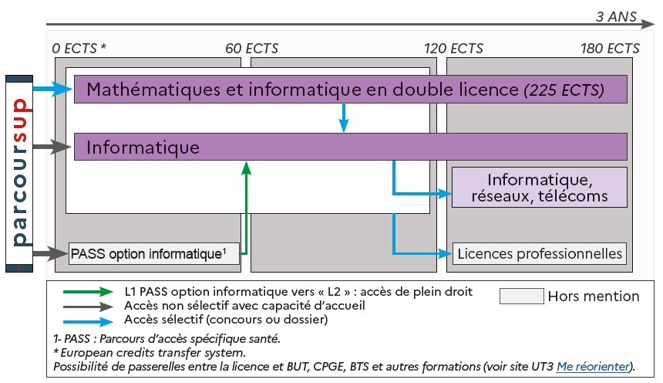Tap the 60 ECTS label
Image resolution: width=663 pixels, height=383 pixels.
click(251, 49)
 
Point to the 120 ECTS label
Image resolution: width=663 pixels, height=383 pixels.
click(453, 49)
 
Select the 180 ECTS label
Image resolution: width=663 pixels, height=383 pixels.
click(610, 49)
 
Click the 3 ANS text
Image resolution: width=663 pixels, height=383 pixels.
click(616, 16)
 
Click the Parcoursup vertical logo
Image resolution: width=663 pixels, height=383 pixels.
click(19, 174)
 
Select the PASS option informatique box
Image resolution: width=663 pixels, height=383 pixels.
click(154, 254)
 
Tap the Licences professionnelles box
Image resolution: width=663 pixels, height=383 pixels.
click(540, 254)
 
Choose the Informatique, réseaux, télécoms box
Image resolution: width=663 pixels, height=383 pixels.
click(540, 188)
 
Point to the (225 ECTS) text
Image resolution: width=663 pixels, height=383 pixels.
click(564, 90)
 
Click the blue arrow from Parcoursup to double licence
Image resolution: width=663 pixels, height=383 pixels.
click(52, 89)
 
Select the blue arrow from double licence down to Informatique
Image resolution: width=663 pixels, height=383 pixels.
click(344, 117)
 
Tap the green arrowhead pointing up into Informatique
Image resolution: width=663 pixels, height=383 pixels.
click(246, 168)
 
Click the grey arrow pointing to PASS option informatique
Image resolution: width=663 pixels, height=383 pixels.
click(50, 254)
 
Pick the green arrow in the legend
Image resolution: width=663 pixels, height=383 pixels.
click(88, 291)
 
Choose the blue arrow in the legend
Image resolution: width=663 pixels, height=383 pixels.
click(88, 321)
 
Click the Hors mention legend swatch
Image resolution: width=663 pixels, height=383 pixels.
click(522, 297)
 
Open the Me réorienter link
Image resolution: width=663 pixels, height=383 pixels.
click(593, 367)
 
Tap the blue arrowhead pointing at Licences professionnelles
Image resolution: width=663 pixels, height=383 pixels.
click(446, 254)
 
